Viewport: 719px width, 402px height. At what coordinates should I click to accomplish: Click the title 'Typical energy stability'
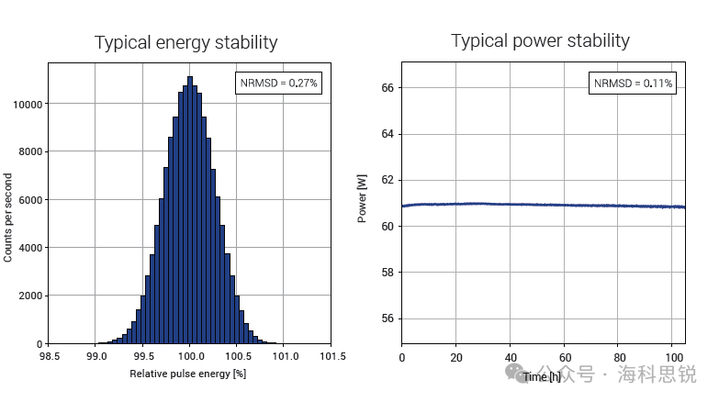pyautogui.click(x=186, y=43)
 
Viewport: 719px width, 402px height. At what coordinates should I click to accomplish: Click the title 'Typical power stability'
pyautogui.click(x=540, y=40)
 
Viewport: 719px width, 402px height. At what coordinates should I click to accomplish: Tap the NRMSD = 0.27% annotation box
pyautogui.click(x=279, y=83)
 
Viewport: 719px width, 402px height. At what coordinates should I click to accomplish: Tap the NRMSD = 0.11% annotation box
pyautogui.click(x=633, y=83)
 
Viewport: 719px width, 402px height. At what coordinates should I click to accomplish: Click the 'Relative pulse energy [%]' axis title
pyautogui.click(x=187, y=374)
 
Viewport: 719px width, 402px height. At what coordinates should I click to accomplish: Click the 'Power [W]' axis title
pyautogui.click(x=363, y=202)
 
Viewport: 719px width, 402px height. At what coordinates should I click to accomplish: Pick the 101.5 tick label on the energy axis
pyautogui.click(x=331, y=356)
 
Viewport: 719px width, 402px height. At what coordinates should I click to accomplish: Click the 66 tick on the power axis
pyautogui.click(x=387, y=88)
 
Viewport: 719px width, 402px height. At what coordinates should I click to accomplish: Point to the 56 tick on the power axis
pyautogui.click(x=387, y=319)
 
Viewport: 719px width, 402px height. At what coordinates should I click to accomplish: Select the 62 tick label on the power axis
pyautogui.click(x=387, y=181)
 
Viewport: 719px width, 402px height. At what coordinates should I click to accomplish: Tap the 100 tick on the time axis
pyautogui.click(x=673, y=356)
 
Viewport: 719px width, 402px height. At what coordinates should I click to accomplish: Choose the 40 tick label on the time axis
pyautogui.click(x=511, y=356)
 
